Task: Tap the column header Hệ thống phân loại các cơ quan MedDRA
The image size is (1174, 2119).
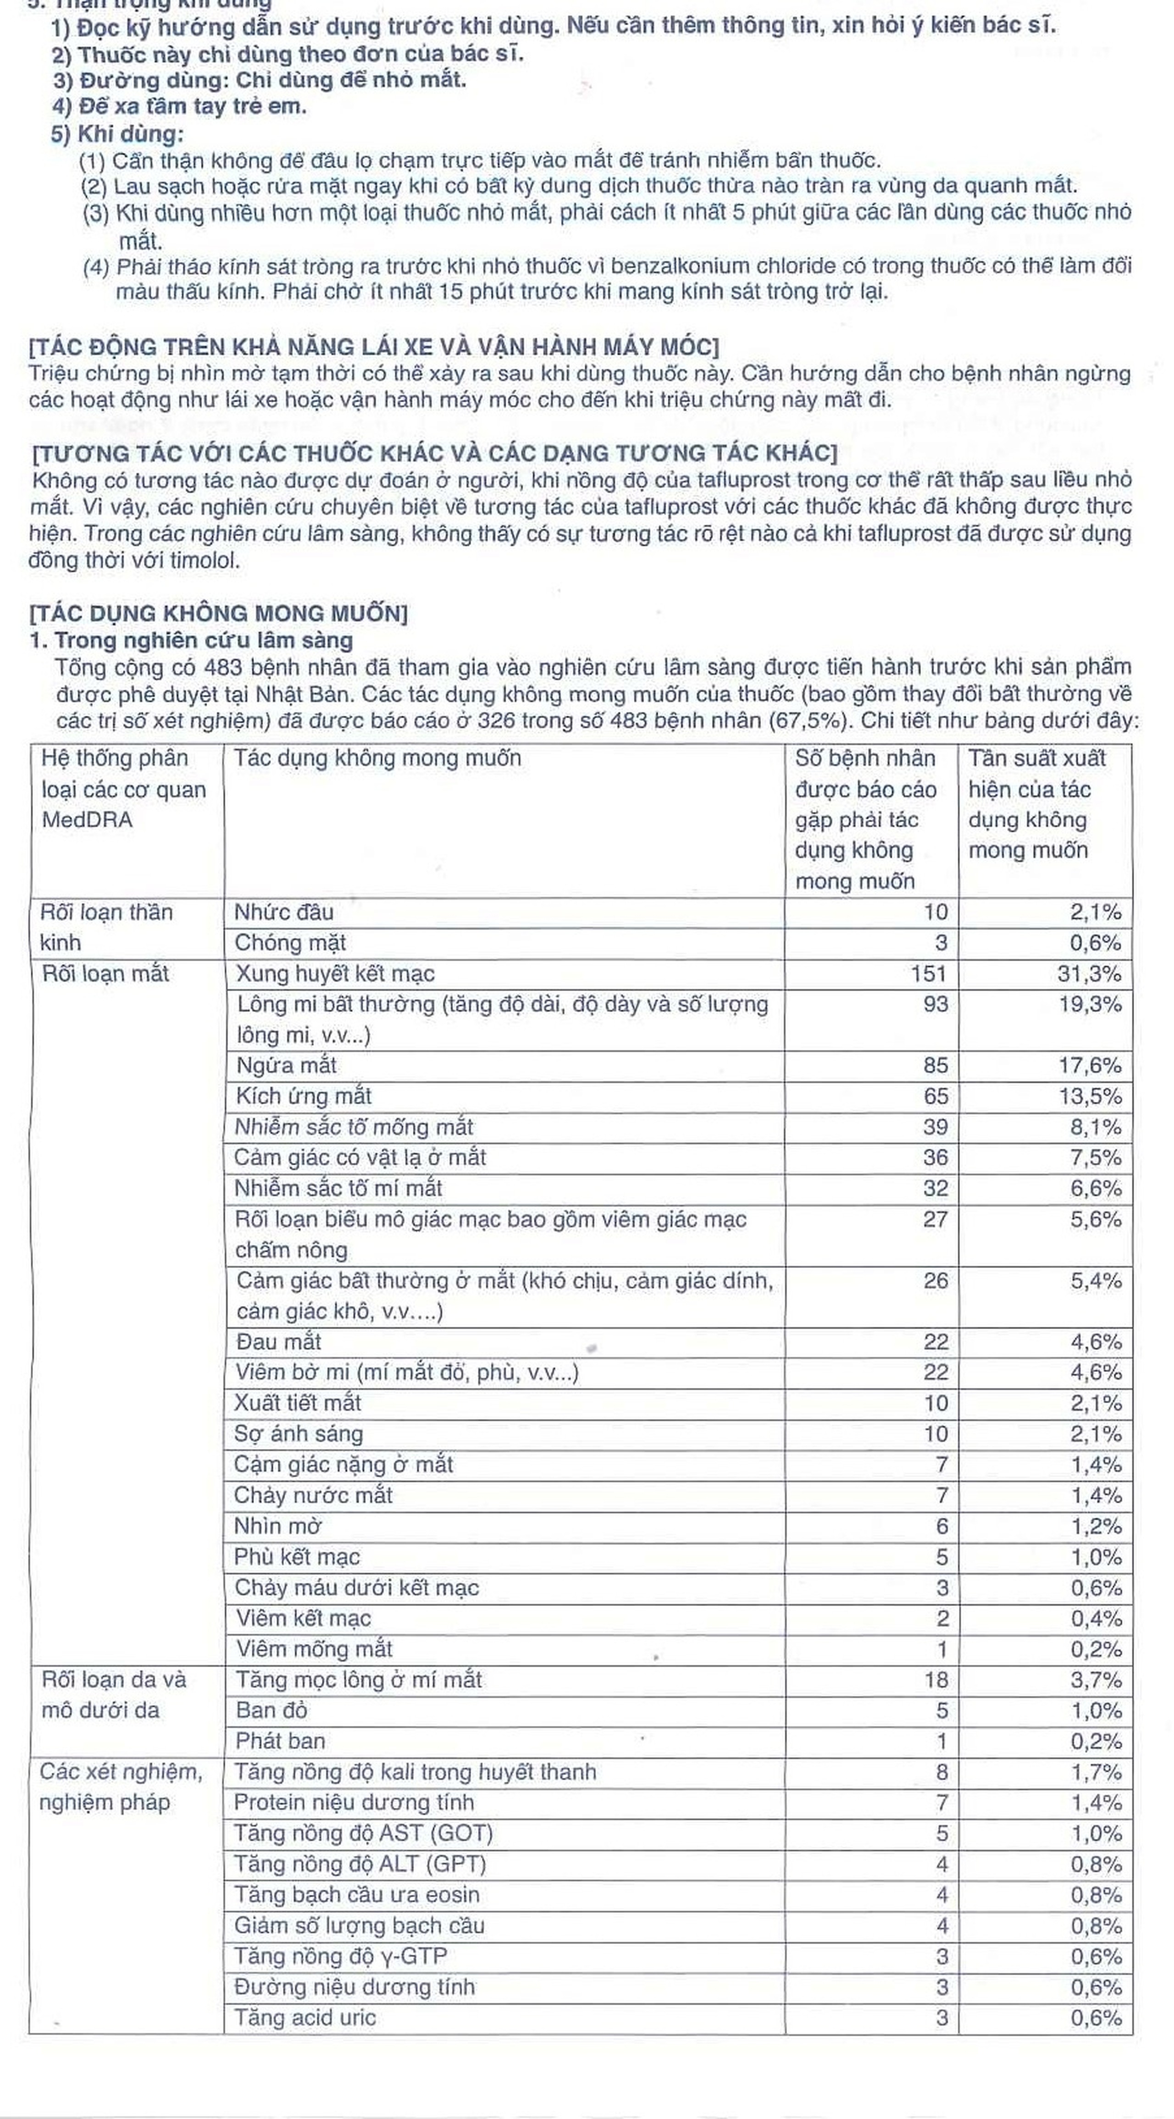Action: [123, 789]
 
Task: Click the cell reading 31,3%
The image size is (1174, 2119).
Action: [1088, 974]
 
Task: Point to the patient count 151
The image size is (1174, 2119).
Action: [928, 974]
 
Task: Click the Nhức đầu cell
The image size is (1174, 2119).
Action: [284, 912]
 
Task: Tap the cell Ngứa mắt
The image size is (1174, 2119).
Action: [286, 1065]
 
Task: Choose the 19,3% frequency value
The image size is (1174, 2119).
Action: [1089, 1004]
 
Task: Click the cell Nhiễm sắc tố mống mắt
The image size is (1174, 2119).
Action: [354, 1127]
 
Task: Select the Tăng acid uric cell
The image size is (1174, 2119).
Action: [305, 2018]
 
